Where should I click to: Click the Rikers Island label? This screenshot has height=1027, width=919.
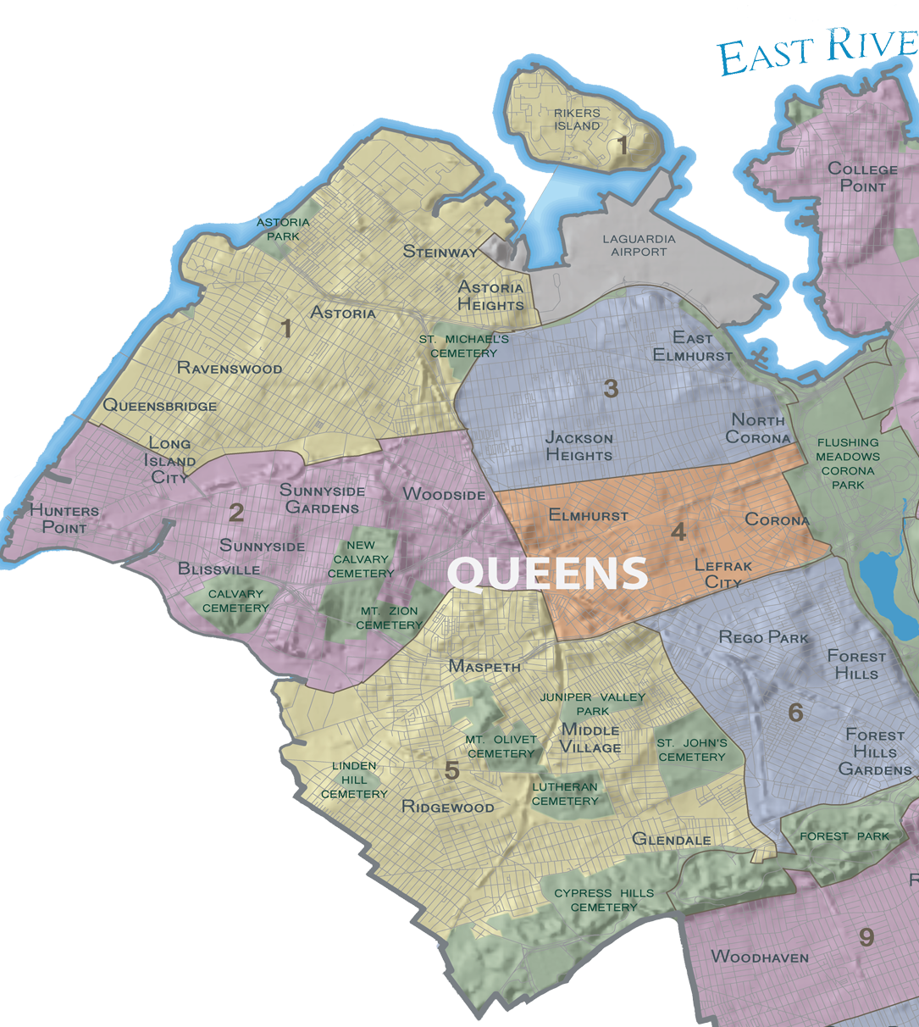(577, 119)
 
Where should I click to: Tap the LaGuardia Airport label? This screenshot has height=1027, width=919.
(639, 245)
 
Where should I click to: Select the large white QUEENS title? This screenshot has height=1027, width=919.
(547, 574)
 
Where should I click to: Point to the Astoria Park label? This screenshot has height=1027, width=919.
(283, 229)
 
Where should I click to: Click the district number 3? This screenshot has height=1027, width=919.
(611, 389)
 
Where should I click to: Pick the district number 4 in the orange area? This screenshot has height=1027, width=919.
(678, 531)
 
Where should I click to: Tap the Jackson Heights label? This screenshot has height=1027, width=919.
(579, 447)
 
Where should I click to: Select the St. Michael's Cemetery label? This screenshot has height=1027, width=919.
(463, 346)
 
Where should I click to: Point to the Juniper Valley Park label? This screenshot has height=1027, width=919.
(592, 703)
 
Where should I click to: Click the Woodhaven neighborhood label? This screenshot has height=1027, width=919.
(760, 957)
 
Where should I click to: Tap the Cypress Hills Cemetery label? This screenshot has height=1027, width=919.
(604, 900)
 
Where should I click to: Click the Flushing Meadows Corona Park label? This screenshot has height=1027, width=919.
(848, 464)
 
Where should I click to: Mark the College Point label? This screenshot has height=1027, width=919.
(862, 177)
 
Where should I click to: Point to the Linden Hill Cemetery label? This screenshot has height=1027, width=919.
(354, 780)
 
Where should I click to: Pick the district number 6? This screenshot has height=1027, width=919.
(794, 713)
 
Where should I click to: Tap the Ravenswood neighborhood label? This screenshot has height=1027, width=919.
(229, 368)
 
